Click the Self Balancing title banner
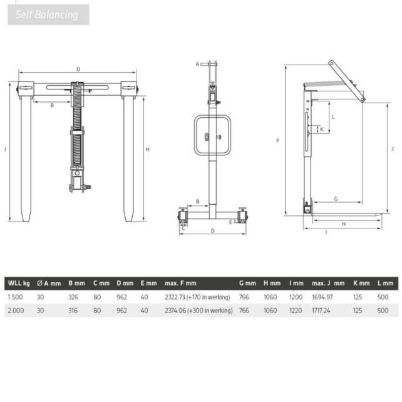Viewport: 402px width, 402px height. (48, 14)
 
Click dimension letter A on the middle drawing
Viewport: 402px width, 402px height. (197, 64)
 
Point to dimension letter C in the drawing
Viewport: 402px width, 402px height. (183, 229)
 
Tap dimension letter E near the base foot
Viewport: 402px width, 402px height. (230, 221)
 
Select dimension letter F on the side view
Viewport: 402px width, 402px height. (277, 141)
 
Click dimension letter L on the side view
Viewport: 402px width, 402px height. (332, 116)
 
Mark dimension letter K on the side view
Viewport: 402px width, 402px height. (322, 130)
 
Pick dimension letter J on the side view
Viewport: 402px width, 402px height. (391, 148)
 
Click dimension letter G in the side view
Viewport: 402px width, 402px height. (336, 198)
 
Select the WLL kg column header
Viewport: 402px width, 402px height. (18, 284)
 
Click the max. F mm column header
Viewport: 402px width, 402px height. (180, 284)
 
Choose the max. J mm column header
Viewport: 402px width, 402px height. (328, 284)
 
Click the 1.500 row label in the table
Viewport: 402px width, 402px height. (15, 297)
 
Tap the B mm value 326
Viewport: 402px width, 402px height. (73, 297)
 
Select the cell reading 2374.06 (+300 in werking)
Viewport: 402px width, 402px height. (197, 310)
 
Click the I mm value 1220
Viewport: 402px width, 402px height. (295, 310)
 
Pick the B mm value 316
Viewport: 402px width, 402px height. (73, 310)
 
